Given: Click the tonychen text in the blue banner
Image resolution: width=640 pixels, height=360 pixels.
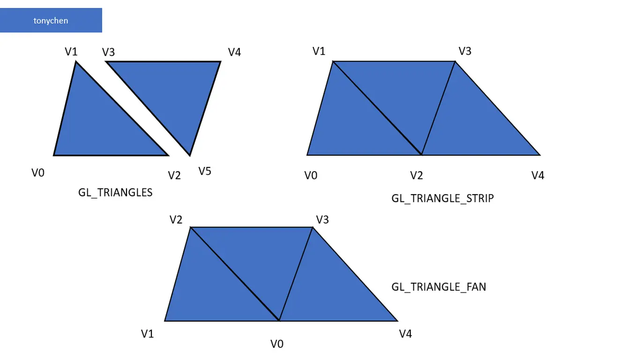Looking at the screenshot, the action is (51, 21).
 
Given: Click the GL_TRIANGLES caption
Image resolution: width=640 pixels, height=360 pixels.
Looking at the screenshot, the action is (115, 193).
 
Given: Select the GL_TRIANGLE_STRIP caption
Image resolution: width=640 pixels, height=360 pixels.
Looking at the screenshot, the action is (442, 198).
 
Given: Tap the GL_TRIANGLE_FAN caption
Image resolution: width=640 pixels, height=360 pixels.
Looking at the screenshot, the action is (439, 286).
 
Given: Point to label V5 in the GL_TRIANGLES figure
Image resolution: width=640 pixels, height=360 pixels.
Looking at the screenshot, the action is (205, 171).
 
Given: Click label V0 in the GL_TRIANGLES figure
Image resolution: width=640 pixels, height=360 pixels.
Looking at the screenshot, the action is (38, 173).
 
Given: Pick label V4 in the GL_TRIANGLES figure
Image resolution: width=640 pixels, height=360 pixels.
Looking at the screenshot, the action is (234, 52).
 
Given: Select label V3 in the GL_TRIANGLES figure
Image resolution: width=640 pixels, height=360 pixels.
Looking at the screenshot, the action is (109, 52).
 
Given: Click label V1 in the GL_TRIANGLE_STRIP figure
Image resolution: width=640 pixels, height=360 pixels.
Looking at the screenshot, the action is (319, 51).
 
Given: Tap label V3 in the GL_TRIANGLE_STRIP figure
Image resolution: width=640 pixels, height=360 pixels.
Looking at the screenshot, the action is (465, 51).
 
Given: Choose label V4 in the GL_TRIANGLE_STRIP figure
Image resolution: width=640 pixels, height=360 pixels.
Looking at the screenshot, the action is (538, 175).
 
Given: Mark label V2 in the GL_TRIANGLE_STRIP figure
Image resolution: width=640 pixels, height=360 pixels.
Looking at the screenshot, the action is (417, 175).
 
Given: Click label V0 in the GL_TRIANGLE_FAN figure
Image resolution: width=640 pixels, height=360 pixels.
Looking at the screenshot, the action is (277, 344).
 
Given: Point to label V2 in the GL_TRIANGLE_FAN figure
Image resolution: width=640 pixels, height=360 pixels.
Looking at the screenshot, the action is (176, 219).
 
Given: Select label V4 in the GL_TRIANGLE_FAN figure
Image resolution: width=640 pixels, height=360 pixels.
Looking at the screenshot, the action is (405, 334).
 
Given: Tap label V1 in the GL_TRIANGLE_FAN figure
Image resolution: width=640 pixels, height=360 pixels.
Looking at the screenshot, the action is (148, 334).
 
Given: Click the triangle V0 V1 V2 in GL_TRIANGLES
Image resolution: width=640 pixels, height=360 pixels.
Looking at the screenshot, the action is (94, 127).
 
